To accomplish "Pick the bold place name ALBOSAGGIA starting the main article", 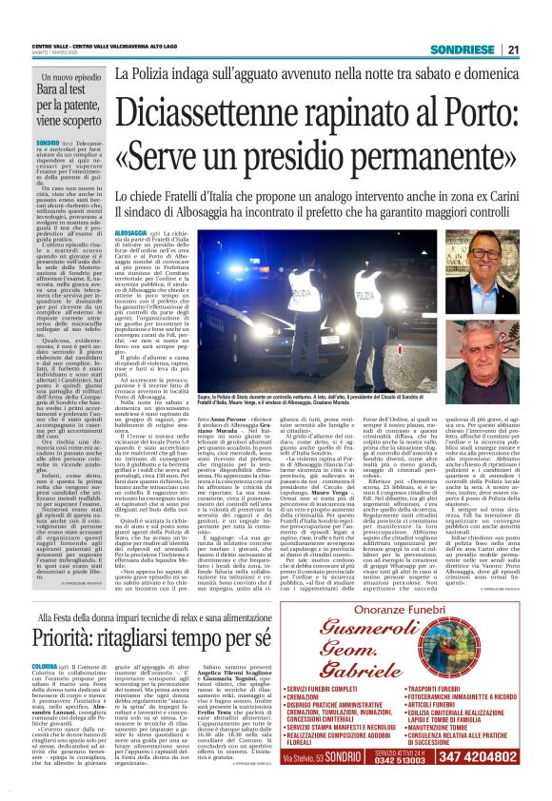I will point(129,232).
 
